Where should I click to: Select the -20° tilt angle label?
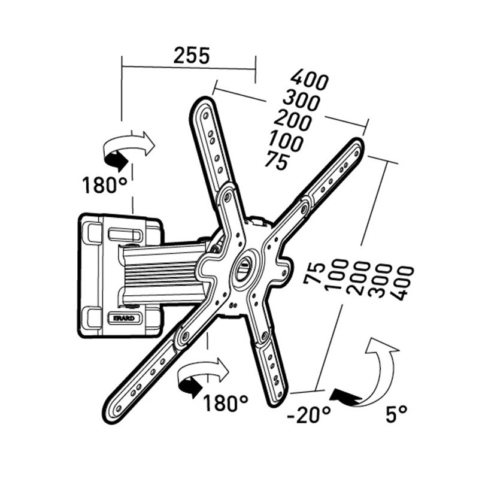(308, 412)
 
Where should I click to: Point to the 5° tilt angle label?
(396, 412)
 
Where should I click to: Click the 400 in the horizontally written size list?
(309, 80)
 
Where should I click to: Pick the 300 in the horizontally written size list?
(303, 99)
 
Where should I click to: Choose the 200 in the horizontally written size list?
(293, 121)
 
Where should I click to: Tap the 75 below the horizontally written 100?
(276, 161)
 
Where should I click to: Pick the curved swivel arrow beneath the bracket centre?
(202, 375)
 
